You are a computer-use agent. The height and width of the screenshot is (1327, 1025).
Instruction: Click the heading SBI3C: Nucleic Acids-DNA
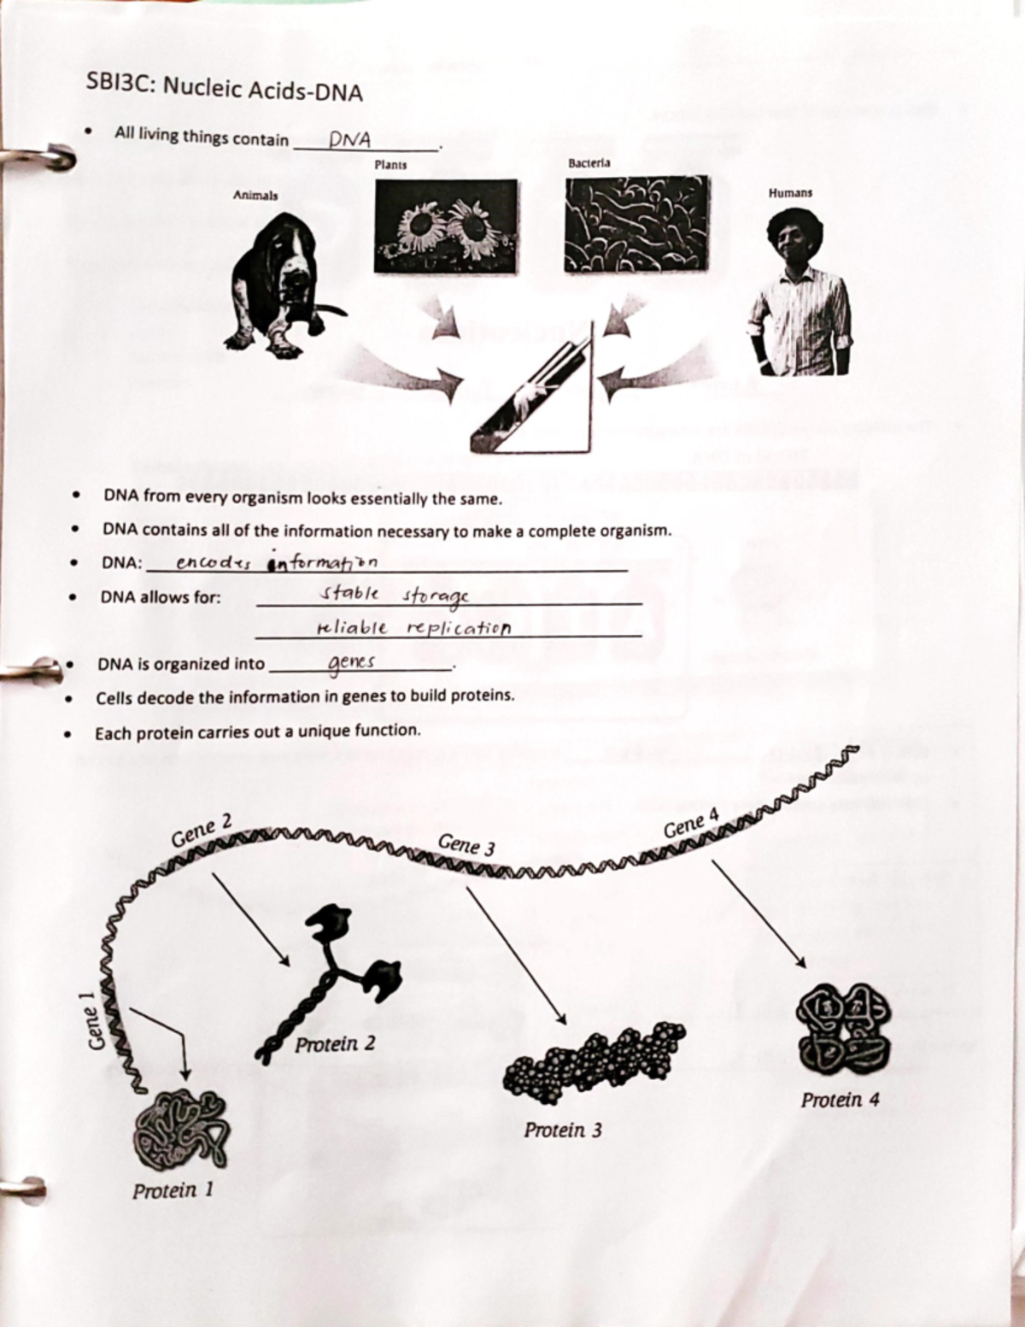tap(225, 88)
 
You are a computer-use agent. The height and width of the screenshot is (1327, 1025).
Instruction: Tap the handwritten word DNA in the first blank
tap(349, 139)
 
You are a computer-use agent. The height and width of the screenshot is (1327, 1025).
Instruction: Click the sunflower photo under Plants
tap(445, 226)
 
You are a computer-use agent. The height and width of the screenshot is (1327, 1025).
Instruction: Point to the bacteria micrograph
tap(636, 224)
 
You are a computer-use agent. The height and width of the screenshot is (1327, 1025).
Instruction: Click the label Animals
tap(255, 196)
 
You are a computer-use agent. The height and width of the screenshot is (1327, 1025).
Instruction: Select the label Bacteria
tap(589, 162)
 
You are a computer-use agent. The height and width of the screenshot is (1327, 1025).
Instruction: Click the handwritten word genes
tap(351, 663)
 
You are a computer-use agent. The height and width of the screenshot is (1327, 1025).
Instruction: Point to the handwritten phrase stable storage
tap(394, 596)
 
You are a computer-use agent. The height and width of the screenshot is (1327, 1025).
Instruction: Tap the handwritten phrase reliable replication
tap(413, 628)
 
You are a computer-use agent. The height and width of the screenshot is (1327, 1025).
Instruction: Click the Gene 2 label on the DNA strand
tap(202, 831)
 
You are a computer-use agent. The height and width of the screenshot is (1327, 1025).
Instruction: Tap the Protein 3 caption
tap(563, 1130)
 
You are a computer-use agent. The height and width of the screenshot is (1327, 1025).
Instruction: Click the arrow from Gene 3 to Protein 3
tap(515, 954)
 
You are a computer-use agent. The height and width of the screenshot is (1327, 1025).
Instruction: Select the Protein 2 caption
tap(335, 1044)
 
